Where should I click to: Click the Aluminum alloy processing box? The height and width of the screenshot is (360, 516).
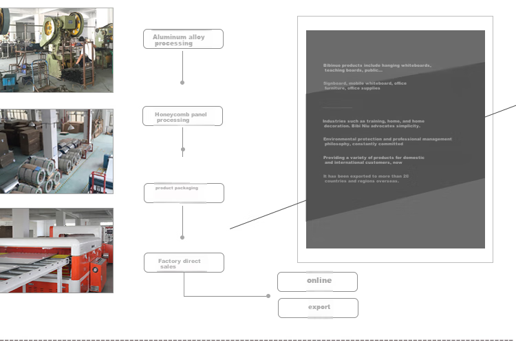pyautogui.click(x=183, y=39)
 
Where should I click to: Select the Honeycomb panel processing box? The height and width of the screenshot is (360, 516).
pyautogui.click(x=182, y=116)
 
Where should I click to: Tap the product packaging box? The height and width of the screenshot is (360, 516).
pyautogui.click(x=184, y=193)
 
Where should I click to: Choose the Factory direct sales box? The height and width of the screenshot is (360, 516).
pyautogui.click(x=184, y=262)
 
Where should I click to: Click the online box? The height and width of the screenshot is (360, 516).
pyautogui.click(x=317, y=282)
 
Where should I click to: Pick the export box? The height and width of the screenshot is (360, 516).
pyautogui.click(x=318, y=308)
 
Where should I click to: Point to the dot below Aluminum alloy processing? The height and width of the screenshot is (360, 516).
pyautogui.click(x=182, y=83)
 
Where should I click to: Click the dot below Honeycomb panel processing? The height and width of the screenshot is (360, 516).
pyautogui.click(x=183, y=149)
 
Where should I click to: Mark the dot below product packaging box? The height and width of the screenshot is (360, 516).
pyautogui.click(x=182, y=237)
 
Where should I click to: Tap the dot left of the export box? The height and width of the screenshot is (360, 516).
pyautogui.click(x=268, y=296)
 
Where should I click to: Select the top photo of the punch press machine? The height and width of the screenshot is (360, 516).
pyautogui.click(x=56, y=50)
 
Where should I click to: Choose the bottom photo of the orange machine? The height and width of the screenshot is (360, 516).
pyautogui.click(x=56, y=251)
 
